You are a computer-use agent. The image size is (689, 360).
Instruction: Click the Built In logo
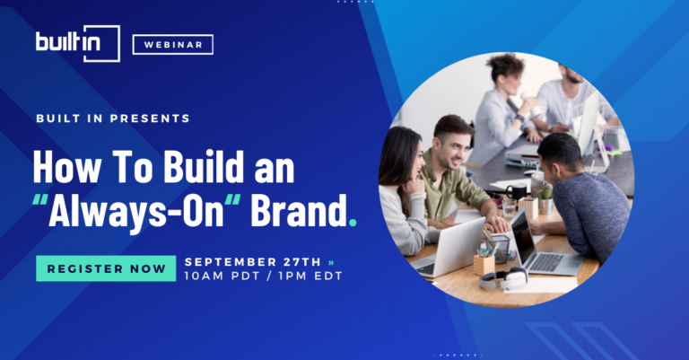(77, 43)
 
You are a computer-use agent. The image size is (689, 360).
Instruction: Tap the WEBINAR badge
(172, 44)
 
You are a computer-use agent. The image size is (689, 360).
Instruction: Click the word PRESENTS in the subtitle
(150, 119)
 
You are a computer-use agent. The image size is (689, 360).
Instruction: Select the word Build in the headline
(204, 166)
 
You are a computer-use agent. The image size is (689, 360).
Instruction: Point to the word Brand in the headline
(298, 210)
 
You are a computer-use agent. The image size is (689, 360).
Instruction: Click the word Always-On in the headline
(136, 212)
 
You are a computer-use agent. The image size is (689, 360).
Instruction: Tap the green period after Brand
(353, 222)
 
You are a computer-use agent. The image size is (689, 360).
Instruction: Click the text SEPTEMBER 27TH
(253, 262)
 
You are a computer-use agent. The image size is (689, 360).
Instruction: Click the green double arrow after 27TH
(331, 262)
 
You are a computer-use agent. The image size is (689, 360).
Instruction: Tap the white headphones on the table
(503, 278)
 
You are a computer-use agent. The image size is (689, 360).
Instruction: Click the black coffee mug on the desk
(516, 191)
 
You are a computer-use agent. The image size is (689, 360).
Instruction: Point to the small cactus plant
(545, 191)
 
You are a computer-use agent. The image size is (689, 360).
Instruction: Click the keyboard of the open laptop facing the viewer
(546, 262)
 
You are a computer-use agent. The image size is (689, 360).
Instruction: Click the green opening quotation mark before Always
(40, 199)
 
